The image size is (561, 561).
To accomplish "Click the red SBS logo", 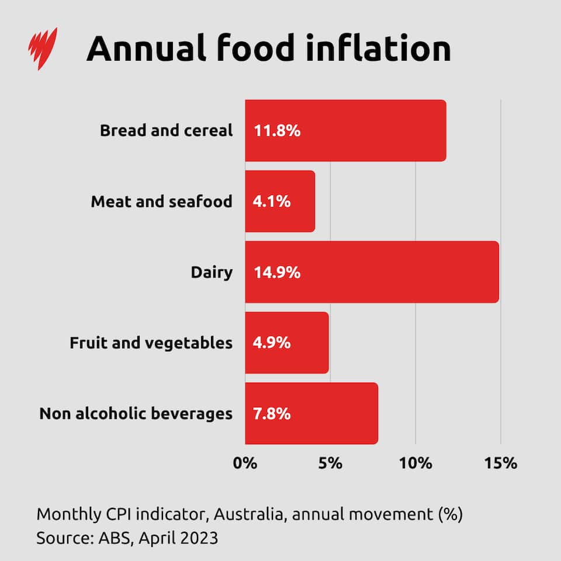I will click(x=44, y=49).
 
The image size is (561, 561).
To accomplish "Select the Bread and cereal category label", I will click(x=166, y=130).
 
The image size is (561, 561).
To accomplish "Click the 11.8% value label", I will click(x=277, y=131).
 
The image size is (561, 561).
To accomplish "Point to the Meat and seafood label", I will click(x=161, y=202).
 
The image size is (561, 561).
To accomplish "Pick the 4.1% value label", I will click(x=272, y=202).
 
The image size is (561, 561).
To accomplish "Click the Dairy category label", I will click(x=212, y=272).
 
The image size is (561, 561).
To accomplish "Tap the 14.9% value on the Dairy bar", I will click(x=277, y=272).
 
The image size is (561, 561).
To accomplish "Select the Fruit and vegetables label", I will click(x=151, y=343).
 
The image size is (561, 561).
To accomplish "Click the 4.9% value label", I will click(x=272, y=343).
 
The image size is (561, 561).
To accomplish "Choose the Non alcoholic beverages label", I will click(x=136, y=414).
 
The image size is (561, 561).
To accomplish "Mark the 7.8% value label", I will click(x=272, y=414).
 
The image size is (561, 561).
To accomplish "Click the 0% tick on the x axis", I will click(x=245, y=463).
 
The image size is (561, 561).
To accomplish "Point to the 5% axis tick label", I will click(x=330, y=463).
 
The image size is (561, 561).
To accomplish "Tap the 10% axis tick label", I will click(x=415, y=463).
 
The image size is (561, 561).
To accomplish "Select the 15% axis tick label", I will click(x=501, y=463).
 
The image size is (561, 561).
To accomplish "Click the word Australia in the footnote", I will click(x=250, y=515).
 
